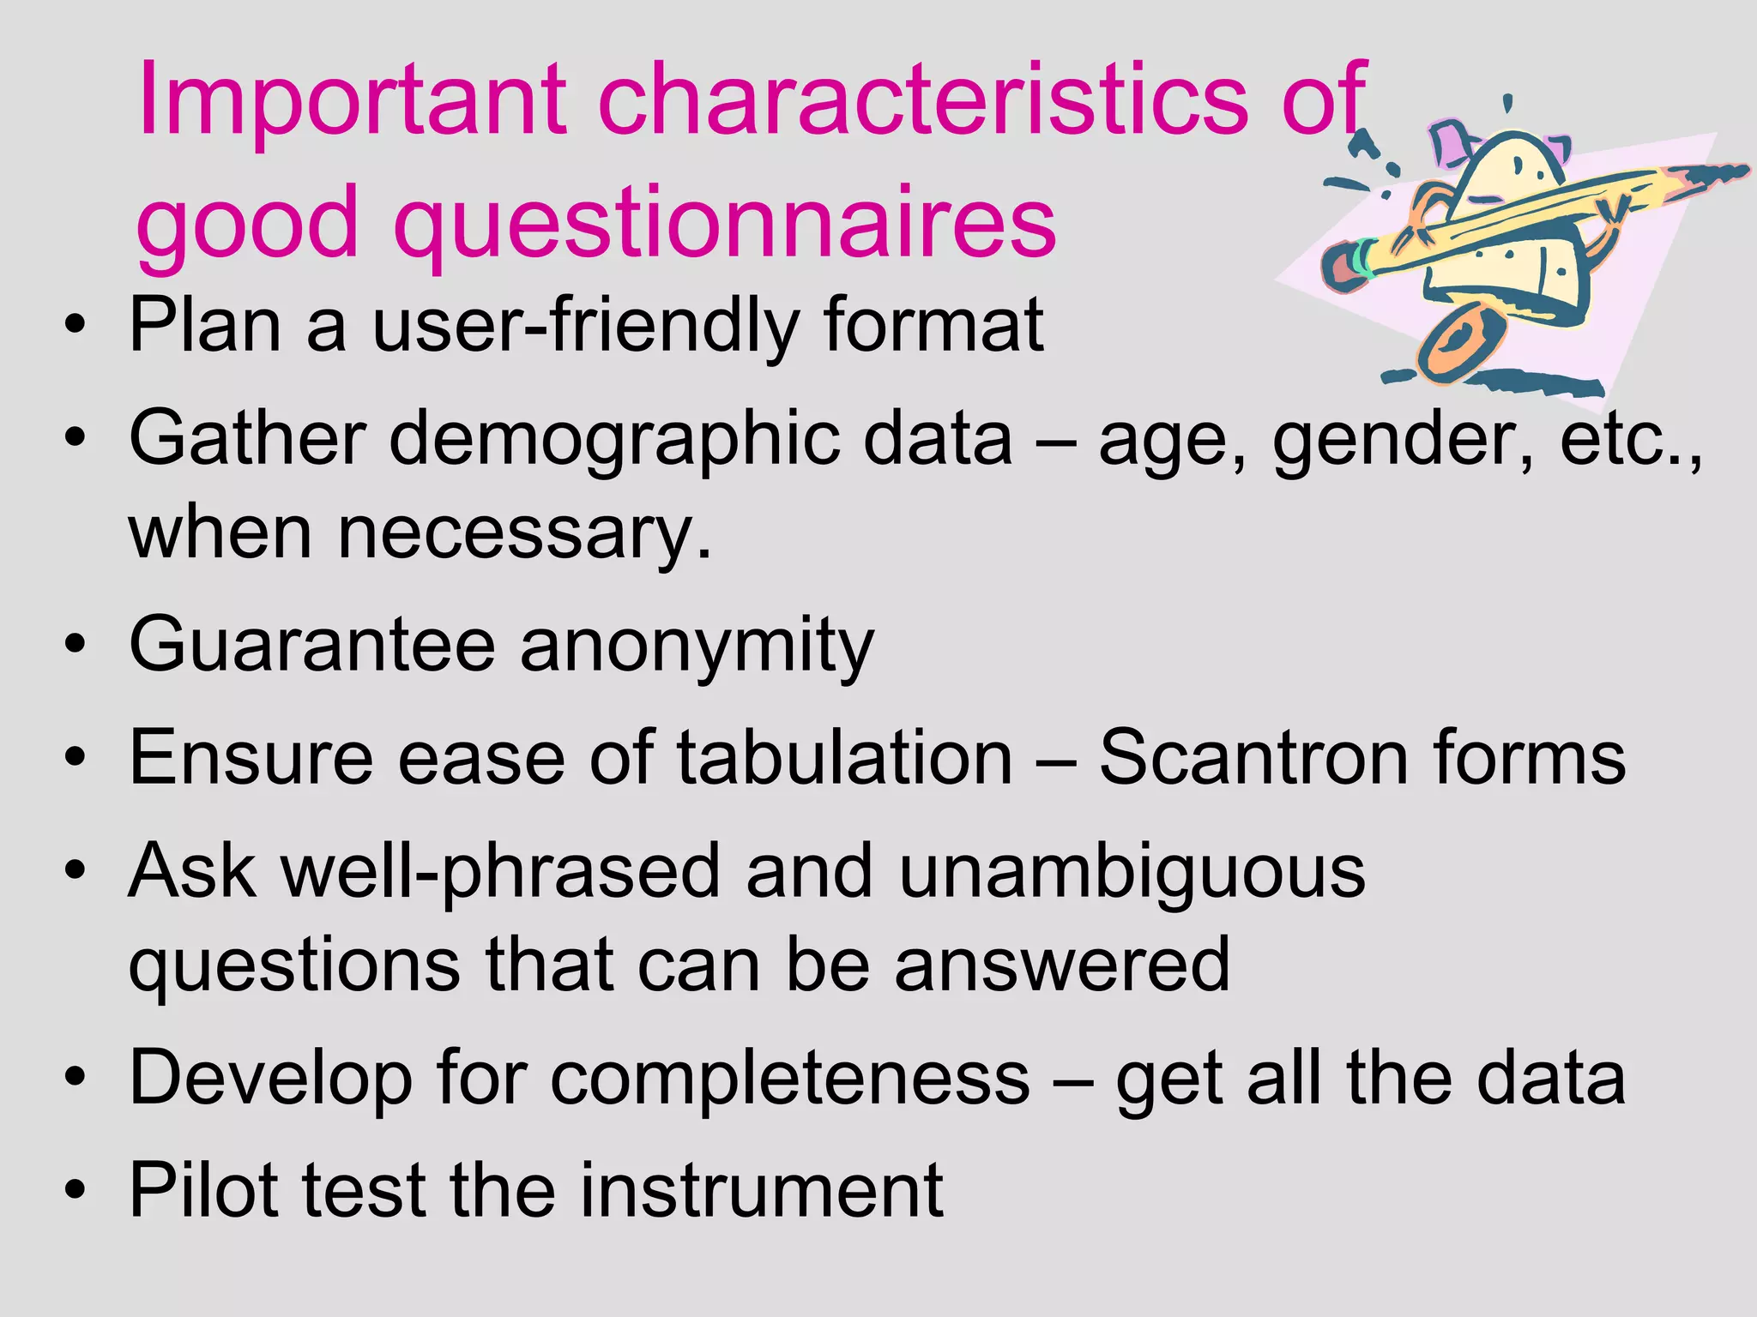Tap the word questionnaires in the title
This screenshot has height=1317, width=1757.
tap(725, 225)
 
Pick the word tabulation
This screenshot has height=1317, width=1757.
tap(845, 758)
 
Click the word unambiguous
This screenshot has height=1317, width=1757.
tap(1132, 872)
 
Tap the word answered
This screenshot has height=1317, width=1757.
tap(1062, 965)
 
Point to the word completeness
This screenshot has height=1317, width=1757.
tap(789, 1079)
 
